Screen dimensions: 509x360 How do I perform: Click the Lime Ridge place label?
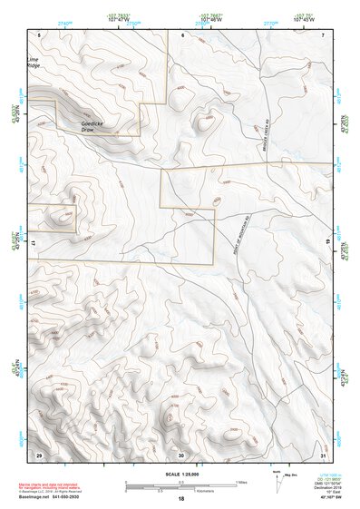click(34, 64)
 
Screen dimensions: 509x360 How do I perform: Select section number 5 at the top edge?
click(39, 35)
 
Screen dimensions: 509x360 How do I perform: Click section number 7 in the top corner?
click(323, 35)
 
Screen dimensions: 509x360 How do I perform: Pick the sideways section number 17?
click(33, 244)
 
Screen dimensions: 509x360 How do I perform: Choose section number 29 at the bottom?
click(39, 454)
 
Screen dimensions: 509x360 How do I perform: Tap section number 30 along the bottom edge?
click(181, 454)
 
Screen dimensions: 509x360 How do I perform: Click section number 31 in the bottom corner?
click(323, 454)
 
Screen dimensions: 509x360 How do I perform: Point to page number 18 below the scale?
click(181, 499)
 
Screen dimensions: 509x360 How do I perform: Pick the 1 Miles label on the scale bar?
click(240, 482)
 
